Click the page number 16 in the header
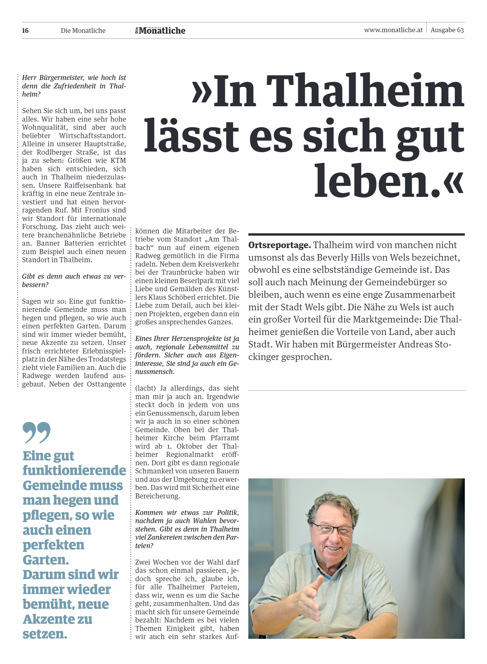pos(25,31)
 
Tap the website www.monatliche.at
pos(393,30)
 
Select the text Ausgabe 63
pos(447,30)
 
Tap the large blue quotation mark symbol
pos(37,432)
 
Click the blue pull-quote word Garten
pos(46,559)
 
